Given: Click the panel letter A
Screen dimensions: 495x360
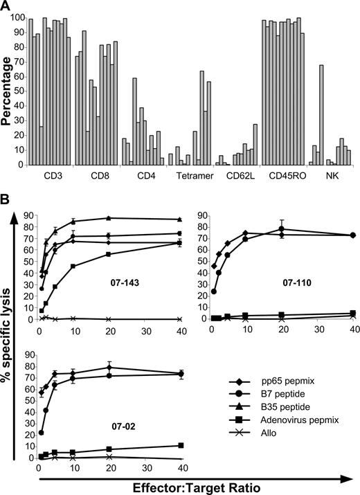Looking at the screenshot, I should pyautogui.click(x=6, y=6).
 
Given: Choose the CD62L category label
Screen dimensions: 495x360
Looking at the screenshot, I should pyautogui.click(x=235, y=176).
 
